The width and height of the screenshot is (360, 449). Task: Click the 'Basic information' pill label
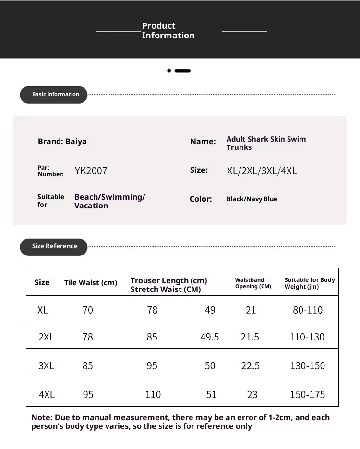[x=55, y=95]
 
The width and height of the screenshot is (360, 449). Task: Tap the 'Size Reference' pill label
[x=54, y=246]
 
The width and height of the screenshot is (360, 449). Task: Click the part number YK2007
[x=91, y=170]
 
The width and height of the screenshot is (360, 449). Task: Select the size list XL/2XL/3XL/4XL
[x=262, y=170]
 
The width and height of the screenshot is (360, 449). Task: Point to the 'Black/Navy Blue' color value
[x=252, y=199]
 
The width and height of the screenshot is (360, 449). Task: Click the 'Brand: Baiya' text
[x=62, y=141]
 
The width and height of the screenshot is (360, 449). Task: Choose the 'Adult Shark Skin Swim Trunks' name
[x=266, y=143]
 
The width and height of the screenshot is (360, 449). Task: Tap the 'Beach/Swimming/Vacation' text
[x=109, y=201]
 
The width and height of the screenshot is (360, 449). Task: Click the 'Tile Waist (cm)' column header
[x=91, y=283]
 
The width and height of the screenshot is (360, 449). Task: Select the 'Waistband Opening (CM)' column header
[x=253, y=283]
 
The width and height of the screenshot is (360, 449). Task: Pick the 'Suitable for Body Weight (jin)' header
[x=310, y=283]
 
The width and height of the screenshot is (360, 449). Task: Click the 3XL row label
[x=46, y=366]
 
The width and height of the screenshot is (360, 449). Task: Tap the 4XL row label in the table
[x=47, y=395]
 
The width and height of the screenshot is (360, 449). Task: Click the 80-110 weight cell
[x=308, y=310]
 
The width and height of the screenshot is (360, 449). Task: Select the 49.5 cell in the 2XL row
[x=210, y=337]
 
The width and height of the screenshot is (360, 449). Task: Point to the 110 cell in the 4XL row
[x=153, y=395]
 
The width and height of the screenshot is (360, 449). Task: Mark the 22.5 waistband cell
[x=250, y=366]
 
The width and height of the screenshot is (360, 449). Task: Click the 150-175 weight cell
[x=307, y=395]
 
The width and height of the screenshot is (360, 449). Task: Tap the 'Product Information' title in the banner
[x=168, y=31]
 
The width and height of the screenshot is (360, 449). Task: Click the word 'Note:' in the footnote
[x=42, y=418]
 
